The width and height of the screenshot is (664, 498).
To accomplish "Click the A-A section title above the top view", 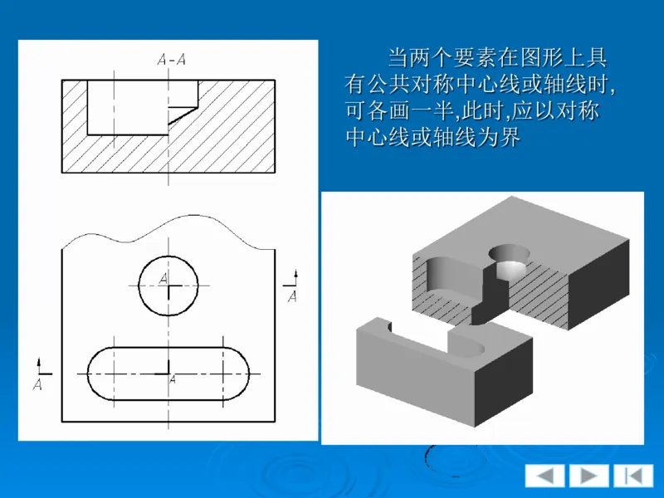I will coord(171,59).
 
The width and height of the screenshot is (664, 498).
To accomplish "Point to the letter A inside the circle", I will coord(164,278).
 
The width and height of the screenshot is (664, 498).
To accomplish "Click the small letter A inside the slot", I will coord(173,380).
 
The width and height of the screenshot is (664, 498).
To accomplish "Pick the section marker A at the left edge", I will coord(37,384).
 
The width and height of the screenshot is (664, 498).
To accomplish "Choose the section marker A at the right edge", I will coord(292,296).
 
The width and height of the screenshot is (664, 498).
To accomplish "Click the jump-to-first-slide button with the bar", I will coord(633,476).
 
